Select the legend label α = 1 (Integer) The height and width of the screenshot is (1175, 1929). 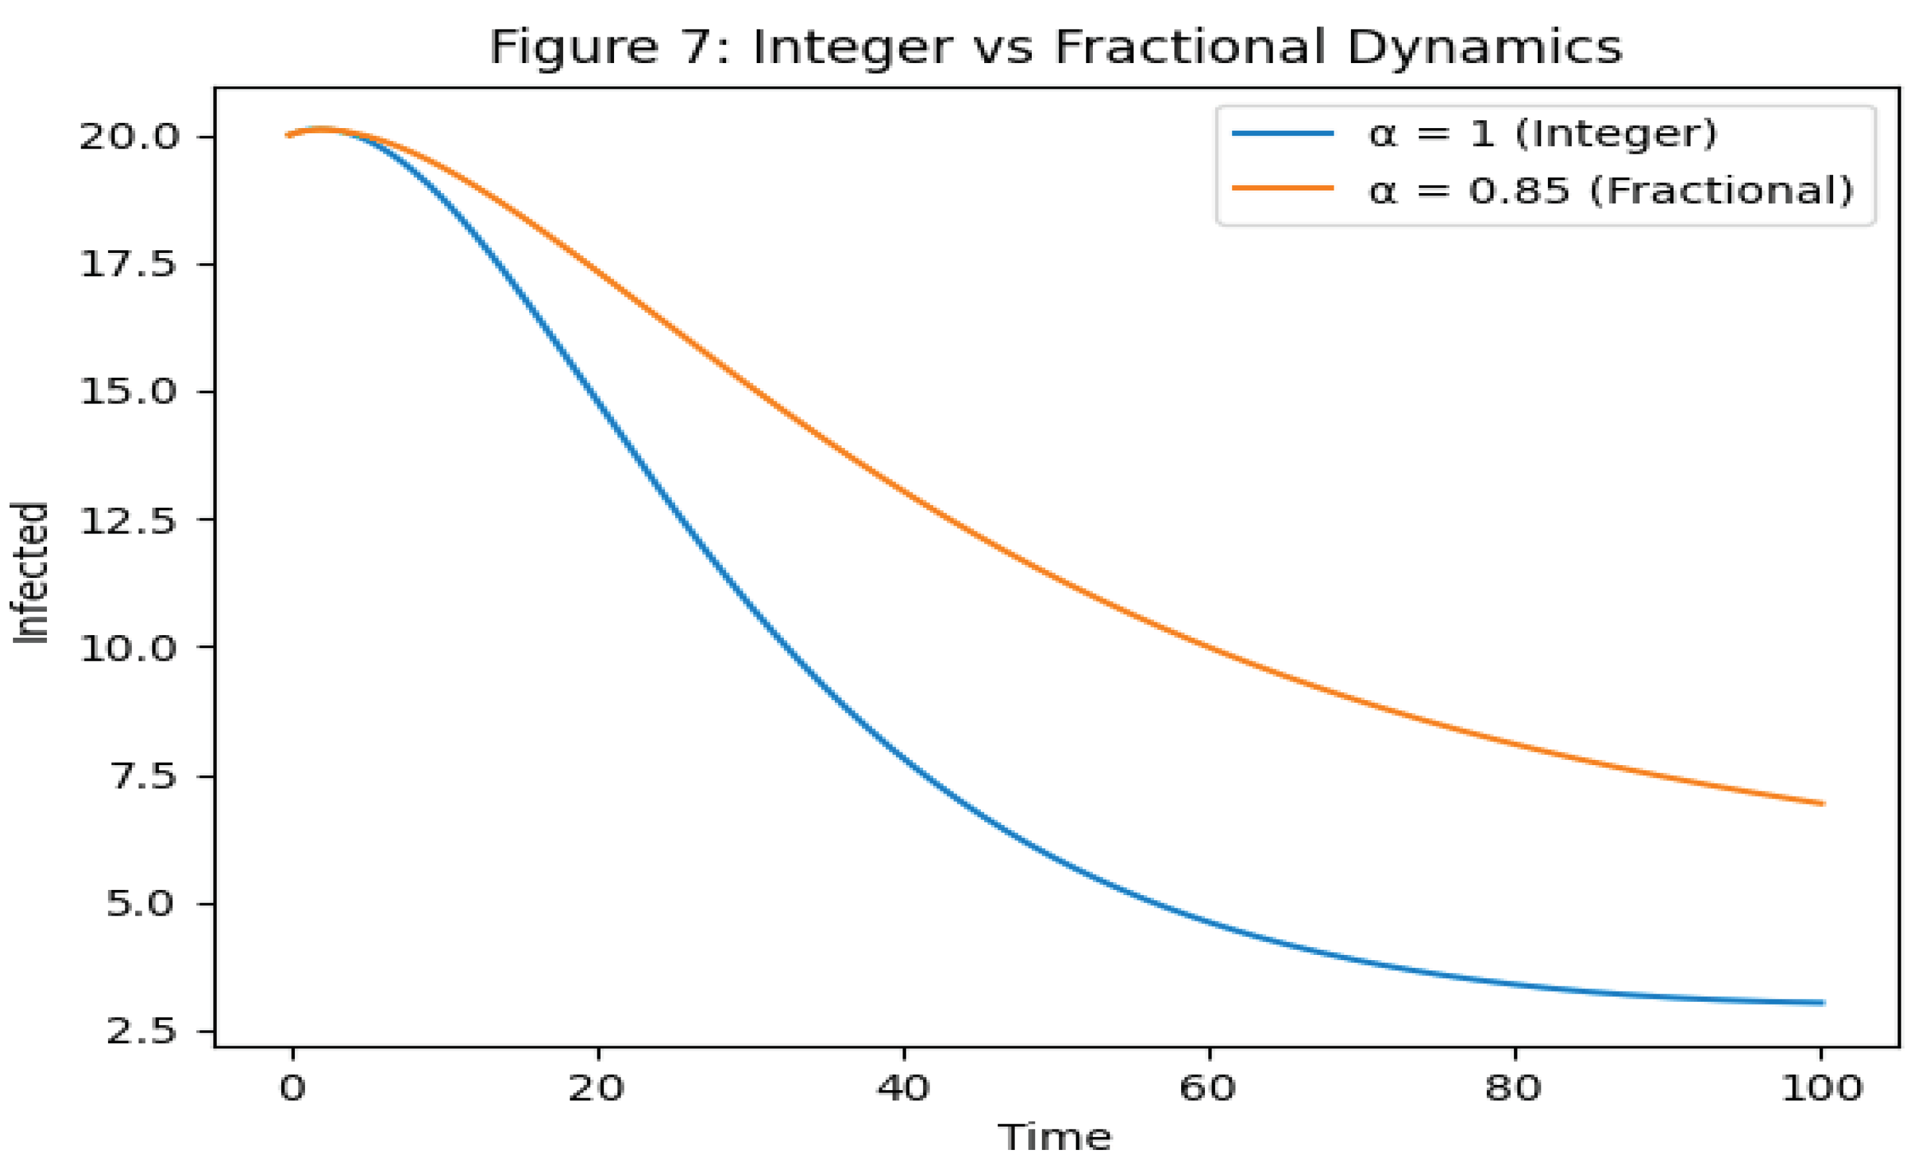1542,134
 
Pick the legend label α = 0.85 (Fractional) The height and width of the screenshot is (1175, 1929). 1611,190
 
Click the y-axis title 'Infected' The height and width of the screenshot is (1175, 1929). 32,573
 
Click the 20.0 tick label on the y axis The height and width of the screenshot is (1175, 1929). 129,137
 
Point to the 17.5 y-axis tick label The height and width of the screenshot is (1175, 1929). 129,264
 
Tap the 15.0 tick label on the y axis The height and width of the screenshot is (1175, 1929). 129,392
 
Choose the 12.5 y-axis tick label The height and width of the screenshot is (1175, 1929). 129,520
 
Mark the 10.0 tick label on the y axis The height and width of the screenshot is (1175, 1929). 129,647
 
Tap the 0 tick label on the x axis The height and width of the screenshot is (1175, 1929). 292,1089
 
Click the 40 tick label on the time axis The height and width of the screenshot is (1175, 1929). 904,1089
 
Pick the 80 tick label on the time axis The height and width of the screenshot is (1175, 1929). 1514,1089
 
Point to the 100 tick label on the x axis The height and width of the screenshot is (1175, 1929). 1821,1089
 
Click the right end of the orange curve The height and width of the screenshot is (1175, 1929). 1823,803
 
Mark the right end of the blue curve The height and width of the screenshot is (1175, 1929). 1823,1003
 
